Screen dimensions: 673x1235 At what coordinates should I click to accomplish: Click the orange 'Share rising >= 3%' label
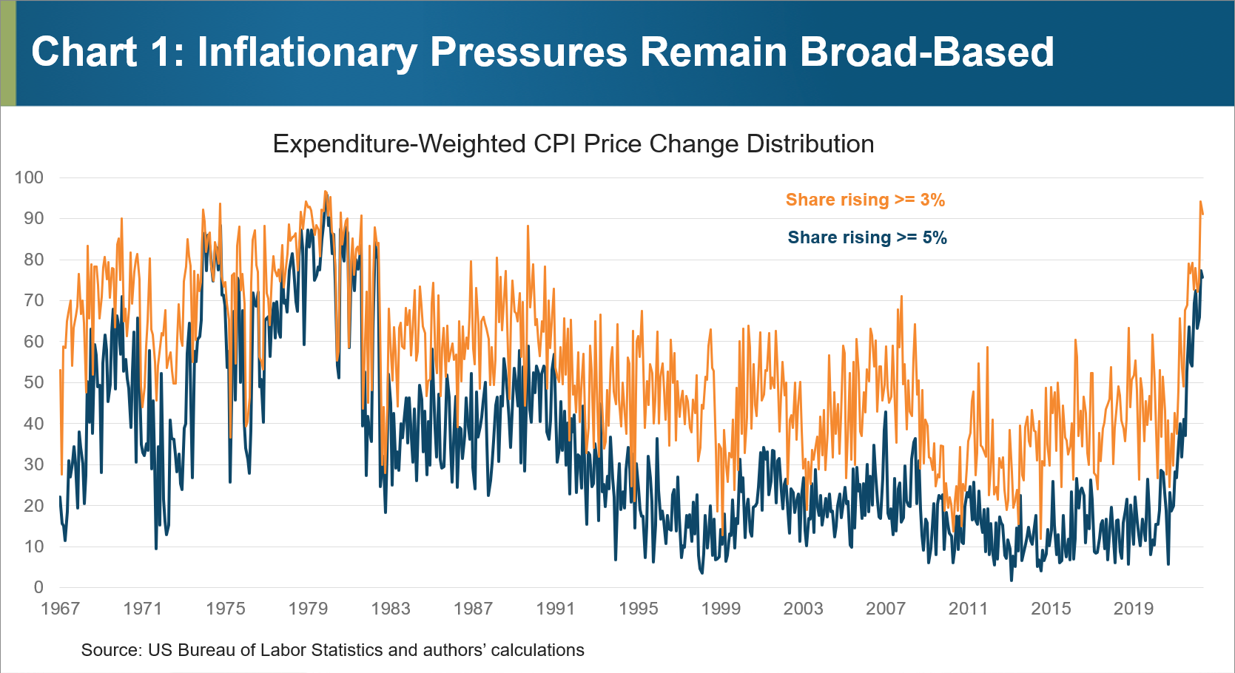coord(865,200)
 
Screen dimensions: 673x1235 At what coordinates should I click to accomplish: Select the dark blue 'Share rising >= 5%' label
coord(866,237)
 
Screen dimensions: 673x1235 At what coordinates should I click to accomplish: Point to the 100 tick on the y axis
coord(30,177)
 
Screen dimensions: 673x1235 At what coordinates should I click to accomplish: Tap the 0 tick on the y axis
coord(38,587)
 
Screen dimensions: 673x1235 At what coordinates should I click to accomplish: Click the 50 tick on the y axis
coord(34,382)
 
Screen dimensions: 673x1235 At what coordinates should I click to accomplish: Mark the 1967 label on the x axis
coord(60,609)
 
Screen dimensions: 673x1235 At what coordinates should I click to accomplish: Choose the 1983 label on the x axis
coord(391,609)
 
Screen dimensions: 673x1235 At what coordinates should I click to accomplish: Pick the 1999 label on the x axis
coord(721,609)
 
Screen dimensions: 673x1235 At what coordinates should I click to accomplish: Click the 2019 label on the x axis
coord(1134,609)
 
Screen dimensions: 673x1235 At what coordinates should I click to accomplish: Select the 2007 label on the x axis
coord(886,609)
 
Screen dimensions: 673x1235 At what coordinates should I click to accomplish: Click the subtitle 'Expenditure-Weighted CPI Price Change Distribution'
coord(573,143)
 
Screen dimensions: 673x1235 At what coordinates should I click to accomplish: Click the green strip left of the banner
coord(7,53)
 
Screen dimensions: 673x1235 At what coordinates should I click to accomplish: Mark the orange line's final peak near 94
coord(1200,201)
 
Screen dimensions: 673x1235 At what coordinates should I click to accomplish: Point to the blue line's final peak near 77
coord(1202,271)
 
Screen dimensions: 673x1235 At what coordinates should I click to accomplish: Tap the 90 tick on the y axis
coord(34,218)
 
